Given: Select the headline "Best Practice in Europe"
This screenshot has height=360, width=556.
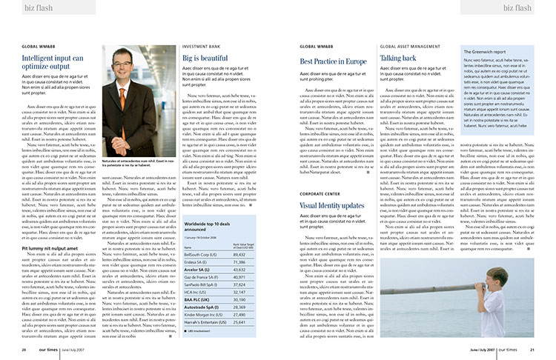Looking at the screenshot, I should [333, 61].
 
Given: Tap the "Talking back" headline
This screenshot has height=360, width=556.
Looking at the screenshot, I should [398, 57].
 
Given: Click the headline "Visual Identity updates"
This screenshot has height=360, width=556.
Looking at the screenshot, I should [331, 204].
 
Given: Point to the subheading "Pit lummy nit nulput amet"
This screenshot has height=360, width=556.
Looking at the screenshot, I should [55, 247].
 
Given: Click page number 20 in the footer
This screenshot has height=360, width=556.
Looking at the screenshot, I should [24, 350].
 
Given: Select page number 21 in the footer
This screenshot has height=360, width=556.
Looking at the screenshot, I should [532, 350].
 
